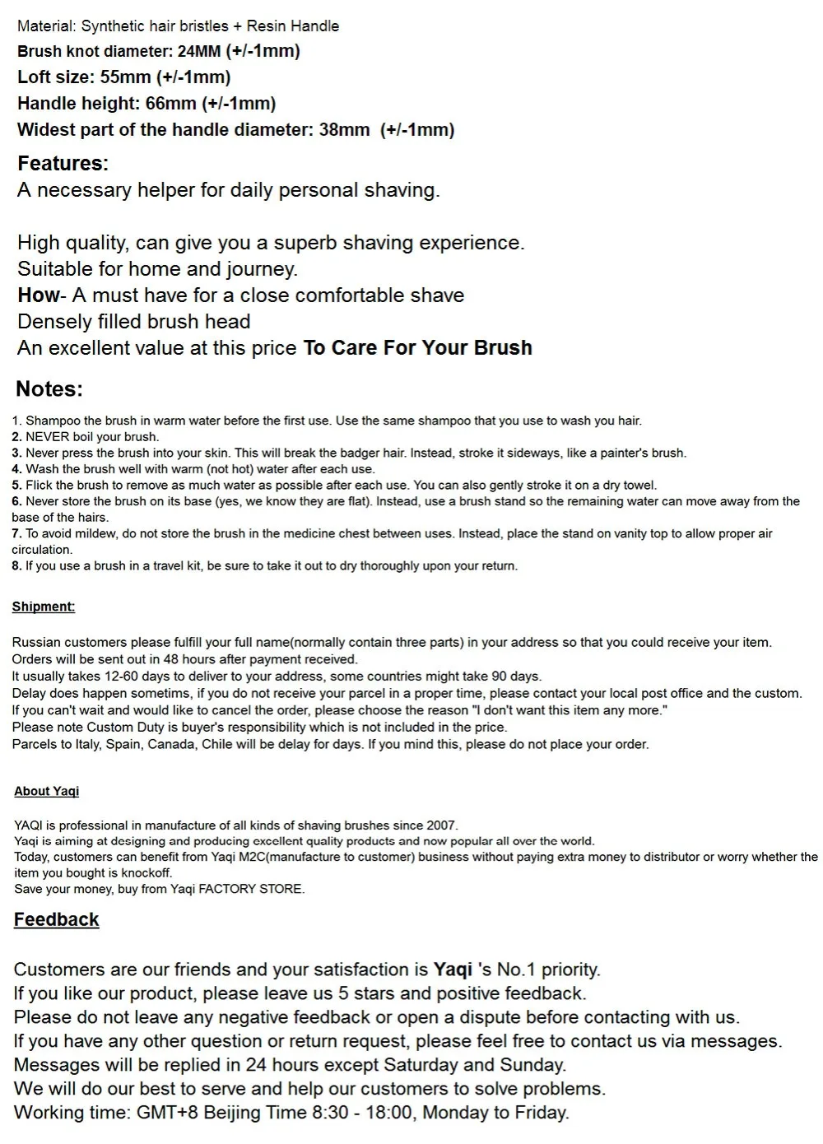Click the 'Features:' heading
coord(63,163)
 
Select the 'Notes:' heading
coord(49,389)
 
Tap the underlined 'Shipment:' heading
coord(44,607)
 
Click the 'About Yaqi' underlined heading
coord(47,791)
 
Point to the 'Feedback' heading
coord(56,919)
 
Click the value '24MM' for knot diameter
coord(199,51)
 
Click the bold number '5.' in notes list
coord(16,486)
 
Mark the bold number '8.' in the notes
coord(16,566)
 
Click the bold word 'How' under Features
coord(38,295)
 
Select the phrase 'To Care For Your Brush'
coord(417,348)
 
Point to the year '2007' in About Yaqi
coord(440,825)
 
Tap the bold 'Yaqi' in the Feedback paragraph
coord(453,970)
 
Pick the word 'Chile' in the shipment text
coord(216,744)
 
